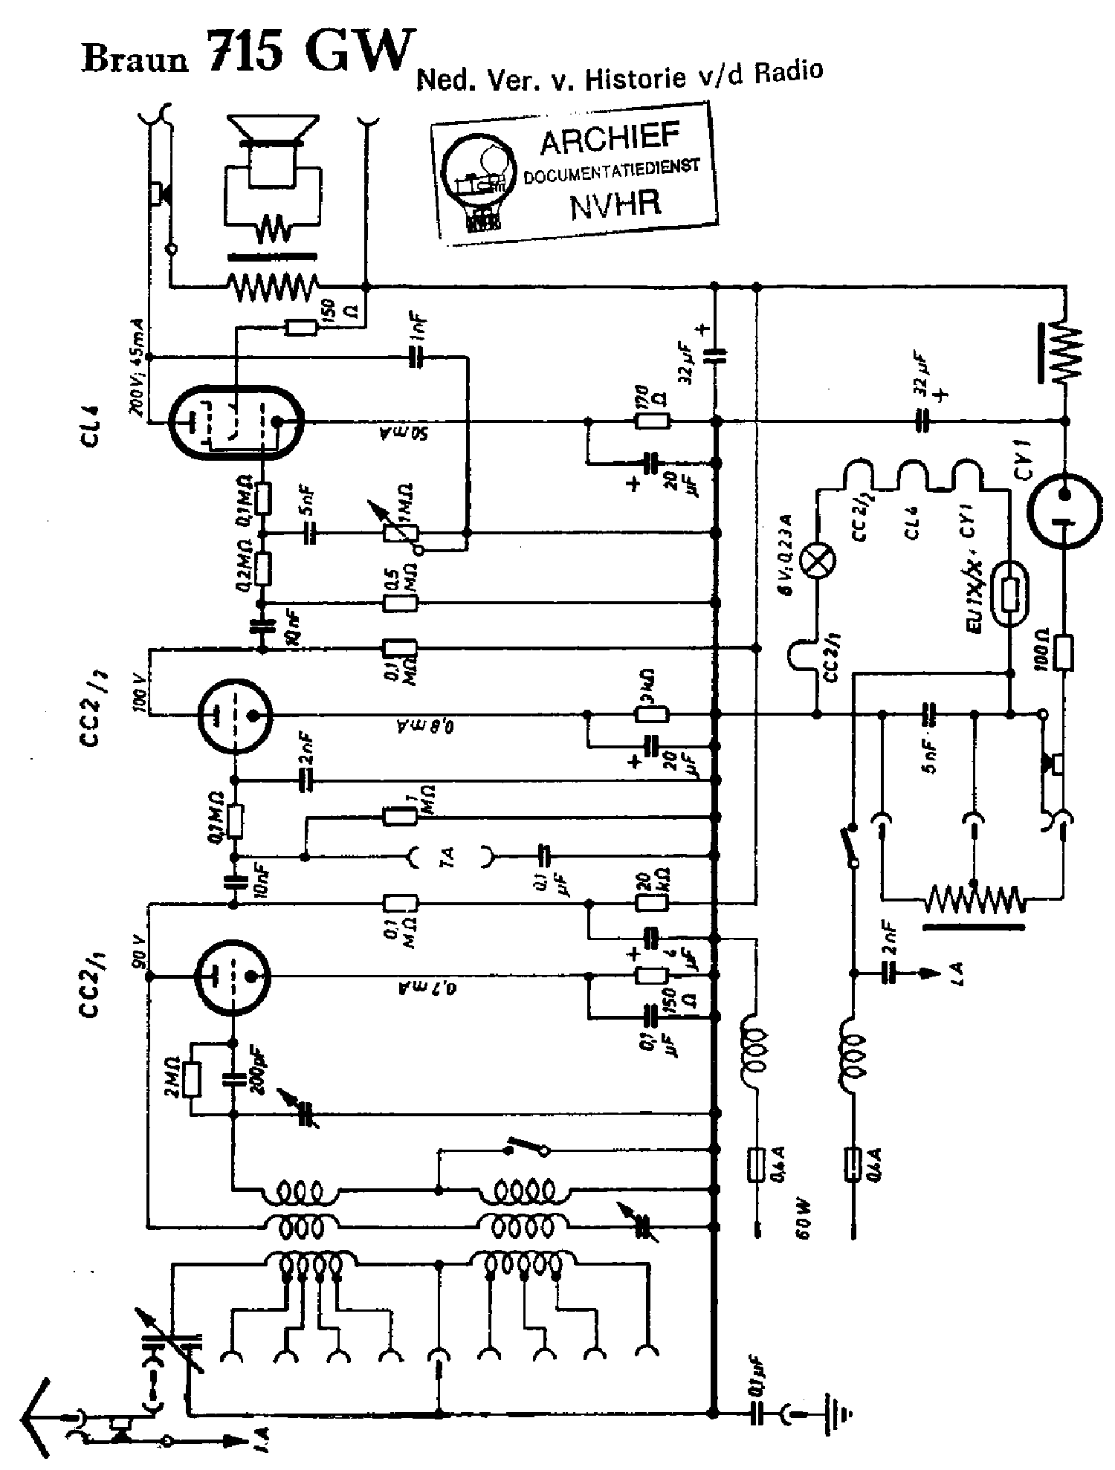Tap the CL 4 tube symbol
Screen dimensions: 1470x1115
[235, 422]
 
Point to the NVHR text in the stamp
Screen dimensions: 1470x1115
[615, 202]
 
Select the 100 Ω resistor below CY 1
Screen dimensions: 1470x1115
[1064, 653]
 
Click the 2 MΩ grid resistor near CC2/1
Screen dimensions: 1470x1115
[192, 1080]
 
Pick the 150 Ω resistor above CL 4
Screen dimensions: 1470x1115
[302, 327]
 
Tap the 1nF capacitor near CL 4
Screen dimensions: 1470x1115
[418, 358]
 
